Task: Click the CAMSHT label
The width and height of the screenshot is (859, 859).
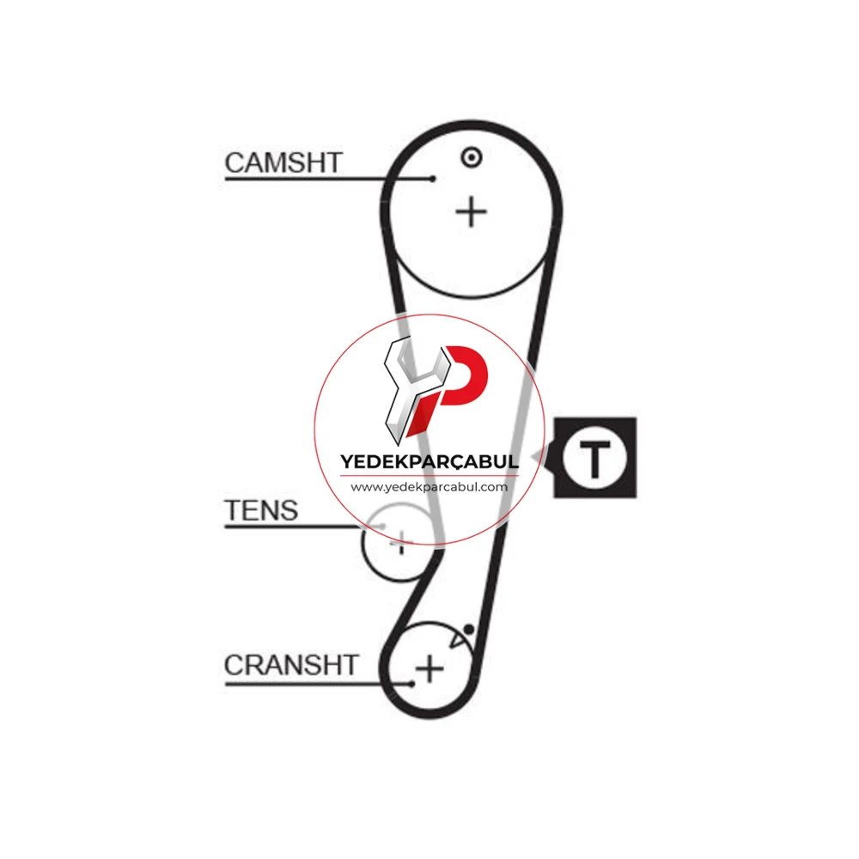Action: pyautogui.click(x=283, y=162)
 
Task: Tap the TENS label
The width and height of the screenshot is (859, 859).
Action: pyautogui.click(x=261, y=510)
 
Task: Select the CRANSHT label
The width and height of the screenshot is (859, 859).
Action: pyautogui.click(x=291, y=665)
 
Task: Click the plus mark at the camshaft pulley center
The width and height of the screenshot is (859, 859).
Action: pyautogui.click(x=471, y=212)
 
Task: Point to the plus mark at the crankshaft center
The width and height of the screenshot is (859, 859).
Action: pyautogui.click(x=429, y=668)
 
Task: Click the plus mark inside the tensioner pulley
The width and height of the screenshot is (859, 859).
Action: pyautogui.click(x=401, y=544)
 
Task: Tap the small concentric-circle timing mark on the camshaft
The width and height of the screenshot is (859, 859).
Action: pyautogui.click(x=471, y=158)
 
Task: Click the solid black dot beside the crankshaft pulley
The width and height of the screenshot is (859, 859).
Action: pyautogui.click(x=469, y=630)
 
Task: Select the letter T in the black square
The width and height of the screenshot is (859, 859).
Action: pyautogui.click(x=595, y=458)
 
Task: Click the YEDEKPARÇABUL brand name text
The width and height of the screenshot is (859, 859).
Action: pyautogui.click(x=429, y=462)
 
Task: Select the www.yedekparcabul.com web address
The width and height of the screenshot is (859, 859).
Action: pyautogui.click(x=429, y=487)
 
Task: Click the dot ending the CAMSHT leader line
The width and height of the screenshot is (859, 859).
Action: pyautogui.click(x=433, y=179)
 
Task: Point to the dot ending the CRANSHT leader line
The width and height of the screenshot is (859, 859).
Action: pyautogui.click(x=412, y=684)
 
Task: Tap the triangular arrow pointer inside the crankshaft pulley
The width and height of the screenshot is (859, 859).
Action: pyautogui.click(x=458, y=638)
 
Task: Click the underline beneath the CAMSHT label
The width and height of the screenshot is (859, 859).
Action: pyautogui.click(x=329, y=179)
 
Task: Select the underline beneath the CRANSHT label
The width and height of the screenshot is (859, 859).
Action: pyautogui.click(x=319, y=684)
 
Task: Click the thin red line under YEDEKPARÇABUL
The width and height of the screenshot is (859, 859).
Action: pyautogui.click(x=429, y=476)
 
